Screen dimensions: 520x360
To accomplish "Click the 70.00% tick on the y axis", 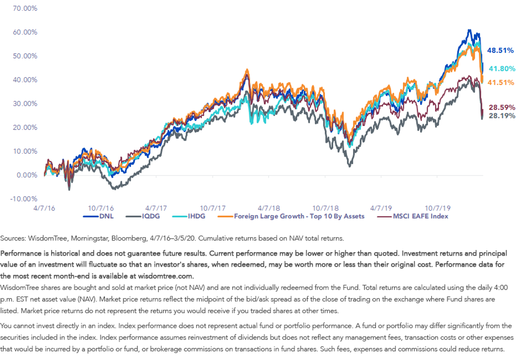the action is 25,9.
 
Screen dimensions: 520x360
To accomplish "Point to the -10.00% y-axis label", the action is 24,199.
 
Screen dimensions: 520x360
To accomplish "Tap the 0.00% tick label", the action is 27,175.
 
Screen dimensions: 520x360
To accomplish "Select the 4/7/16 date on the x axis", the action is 44,208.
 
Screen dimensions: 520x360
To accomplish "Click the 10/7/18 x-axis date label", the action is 325,208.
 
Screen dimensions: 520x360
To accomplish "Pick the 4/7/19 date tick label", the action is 381,208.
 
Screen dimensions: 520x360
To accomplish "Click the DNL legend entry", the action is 98,216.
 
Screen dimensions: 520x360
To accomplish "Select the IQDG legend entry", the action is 143,216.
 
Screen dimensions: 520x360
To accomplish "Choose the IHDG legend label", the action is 189,216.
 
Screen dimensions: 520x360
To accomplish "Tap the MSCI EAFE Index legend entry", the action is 413,216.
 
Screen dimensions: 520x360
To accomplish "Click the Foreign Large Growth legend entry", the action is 291,216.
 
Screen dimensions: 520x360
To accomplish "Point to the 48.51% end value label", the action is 500,50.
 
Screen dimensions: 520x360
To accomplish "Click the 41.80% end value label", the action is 502,69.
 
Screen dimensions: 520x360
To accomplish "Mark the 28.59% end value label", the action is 502,107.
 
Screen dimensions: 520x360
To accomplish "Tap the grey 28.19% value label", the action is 502,116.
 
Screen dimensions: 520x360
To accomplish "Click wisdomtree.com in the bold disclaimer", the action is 166,276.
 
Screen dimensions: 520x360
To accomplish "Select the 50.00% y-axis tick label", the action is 25,56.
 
